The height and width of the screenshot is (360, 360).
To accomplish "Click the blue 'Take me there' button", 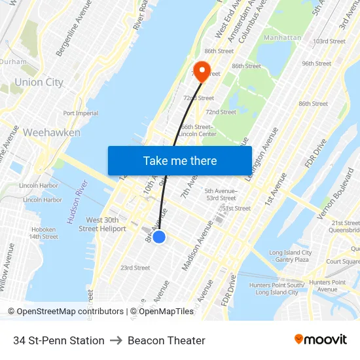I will point(180,160).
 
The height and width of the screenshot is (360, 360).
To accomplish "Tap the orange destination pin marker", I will point(201,71).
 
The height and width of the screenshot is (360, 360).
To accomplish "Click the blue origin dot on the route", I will point(158,236).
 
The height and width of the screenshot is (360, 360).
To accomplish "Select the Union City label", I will point(39,82).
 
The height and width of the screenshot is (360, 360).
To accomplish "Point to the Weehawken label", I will point(52,132).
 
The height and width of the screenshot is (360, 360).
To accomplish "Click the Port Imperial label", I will point(81,113).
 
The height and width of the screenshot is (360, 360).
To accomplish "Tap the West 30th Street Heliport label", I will point(102,225).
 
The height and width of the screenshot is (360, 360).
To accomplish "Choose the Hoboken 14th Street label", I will point(44,233).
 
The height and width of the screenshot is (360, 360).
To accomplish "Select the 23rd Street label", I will point(135,268).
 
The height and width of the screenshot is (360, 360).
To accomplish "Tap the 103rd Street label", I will point(329,41).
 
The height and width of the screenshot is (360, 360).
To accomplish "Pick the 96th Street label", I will point(316,63).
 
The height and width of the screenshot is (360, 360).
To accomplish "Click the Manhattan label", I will point(282,38).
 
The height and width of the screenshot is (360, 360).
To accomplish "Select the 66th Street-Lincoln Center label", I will point(197,130).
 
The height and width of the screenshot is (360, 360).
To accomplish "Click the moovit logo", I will point(320,340).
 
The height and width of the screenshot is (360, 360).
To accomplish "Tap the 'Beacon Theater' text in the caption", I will point(166,340).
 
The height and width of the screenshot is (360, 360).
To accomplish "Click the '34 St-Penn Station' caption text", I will point(59,340).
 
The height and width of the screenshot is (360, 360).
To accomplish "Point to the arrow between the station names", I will point(116,340).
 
